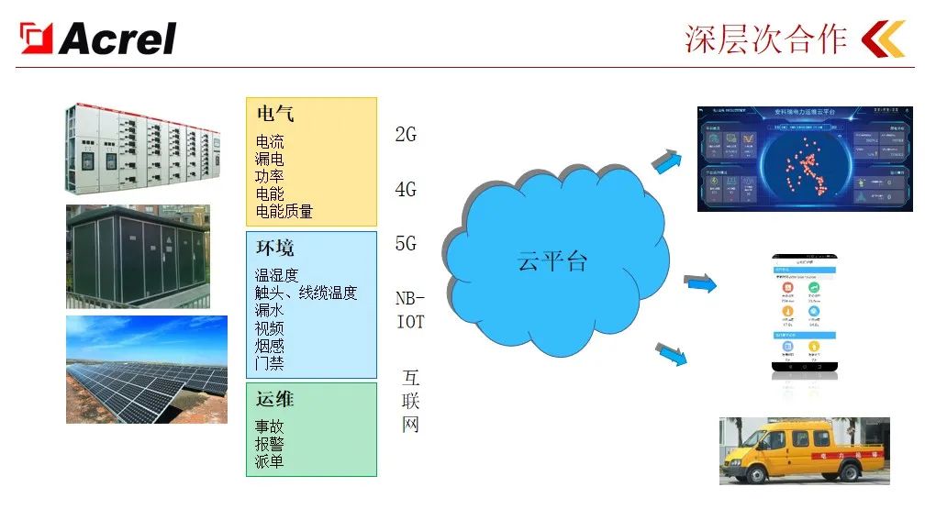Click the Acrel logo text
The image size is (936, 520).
(117, 39)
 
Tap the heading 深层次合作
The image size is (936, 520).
(765, 39)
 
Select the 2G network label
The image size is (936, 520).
(406, 135)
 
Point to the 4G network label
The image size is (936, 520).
(406, 190)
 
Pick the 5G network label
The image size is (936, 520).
(406, 244)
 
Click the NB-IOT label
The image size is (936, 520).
(410, 310)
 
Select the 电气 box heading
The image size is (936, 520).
(275, 115)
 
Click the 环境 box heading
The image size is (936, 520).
(275, 249)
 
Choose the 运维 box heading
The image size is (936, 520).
(275, 400)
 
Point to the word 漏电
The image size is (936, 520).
(270, 159)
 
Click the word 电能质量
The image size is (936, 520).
(284, 211)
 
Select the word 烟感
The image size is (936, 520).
(270, 346)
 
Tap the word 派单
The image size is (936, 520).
(270, 460)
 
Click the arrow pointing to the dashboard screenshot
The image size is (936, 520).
(667, 162)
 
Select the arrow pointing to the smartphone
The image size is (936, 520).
(700, 283)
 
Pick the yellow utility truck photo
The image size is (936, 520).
(804, 450)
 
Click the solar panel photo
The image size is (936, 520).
(146, 369)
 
